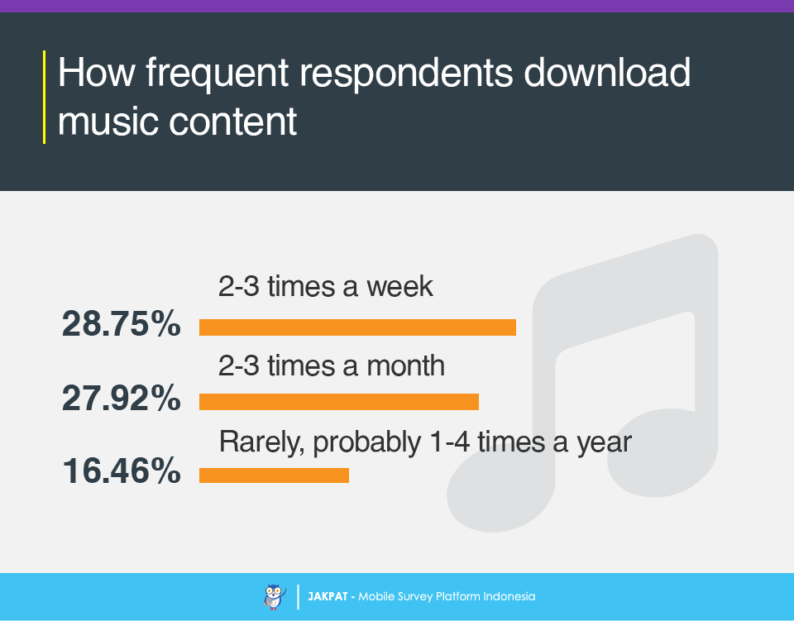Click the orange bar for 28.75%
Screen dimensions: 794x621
[x=357, y=327]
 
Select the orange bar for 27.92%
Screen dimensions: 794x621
[x=339, y=402]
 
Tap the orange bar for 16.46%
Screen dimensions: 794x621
[x=274, y=475]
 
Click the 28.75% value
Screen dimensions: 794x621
[x=121, y=323]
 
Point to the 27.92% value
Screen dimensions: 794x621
[x=121, y=398]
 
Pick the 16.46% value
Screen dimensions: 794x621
[x=122, y=471]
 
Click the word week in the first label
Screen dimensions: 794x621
[x=400, y=286]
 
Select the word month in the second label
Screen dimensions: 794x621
[x=405, y=365]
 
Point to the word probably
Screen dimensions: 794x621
[x=367, y=443]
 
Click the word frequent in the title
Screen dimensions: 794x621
[x=218, y=74]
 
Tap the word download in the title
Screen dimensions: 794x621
[x=607, y=72]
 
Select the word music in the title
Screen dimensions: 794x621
[x=108, y=122]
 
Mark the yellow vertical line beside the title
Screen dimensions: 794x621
[x=45, y=98]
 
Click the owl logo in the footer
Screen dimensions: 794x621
[x=274, y=597]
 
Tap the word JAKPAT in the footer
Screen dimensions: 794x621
[x=328, y=597]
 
